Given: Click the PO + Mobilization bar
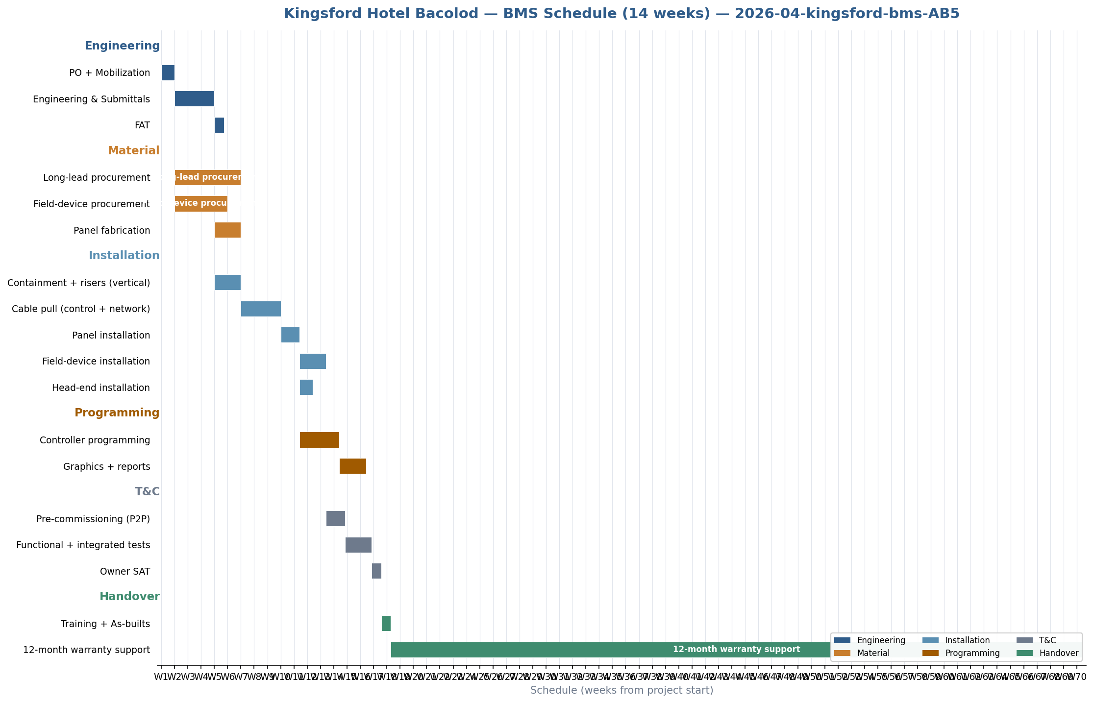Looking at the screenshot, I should pyautogui.click(x=168, y=73).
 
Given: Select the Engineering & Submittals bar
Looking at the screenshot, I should pyautogui.click(x=195, y=99).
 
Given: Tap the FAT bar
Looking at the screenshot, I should pyautogui.click(x=219, y=125).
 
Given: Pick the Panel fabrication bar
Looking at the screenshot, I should pyautogui.click(x=227, y=230).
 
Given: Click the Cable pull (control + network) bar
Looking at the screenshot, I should pyautogui.click(x=261, y=309).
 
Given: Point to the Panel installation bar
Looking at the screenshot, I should pyautogui.click(x=290, y=335).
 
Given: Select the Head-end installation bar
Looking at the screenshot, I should pyautogui.click(x=306, y=388).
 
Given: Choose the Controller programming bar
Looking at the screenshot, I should pyautogui.click(x=320, y=440).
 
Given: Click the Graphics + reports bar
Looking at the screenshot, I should pyautogui.click(x=353, y=466).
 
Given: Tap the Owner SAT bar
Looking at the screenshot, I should pyautogui.click(x=376, y=571).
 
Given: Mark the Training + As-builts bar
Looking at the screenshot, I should pyautogui.click(x=386, y=624).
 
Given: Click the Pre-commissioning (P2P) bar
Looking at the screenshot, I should pyautogui.click(x=336, y=519).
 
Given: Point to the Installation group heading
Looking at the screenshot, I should pyautogui.click(x=124, y=256).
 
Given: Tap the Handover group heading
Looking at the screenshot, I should pyautogui.click(x=129, y=597).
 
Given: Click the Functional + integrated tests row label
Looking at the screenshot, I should pyautogui.click(x=83, y=545).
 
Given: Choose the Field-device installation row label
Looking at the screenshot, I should pyautogui.click(x=96, y=362).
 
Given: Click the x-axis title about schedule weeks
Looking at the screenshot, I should pyautogui.click(x=622, y=691).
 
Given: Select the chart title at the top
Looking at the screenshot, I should pyautogui.click(x=622, y=14).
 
